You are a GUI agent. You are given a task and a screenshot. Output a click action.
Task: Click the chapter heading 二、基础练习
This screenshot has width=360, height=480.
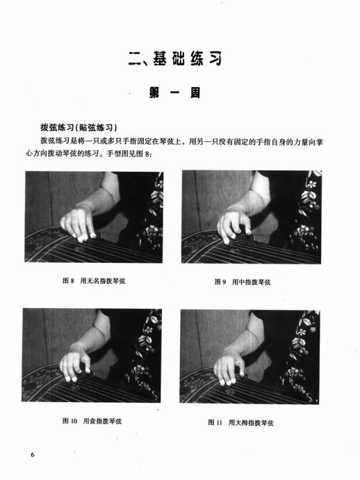pyautogui.click(x=175, y=58)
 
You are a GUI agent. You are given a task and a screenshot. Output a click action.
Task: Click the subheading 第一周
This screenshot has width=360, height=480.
pyautogui.click(x=175, y=93)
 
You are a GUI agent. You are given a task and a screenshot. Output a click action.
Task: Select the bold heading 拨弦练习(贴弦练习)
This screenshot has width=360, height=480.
pyautogui.click(x=79, y=127)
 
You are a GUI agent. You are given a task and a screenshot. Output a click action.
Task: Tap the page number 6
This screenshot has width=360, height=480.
pyautogui.click(x=33, y=454)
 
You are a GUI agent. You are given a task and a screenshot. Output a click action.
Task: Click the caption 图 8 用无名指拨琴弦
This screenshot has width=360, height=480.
pyautogui.click(x=94, y=281)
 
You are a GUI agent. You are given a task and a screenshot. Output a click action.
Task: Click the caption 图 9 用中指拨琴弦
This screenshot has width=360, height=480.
pyautogui.click(x=243, y=282)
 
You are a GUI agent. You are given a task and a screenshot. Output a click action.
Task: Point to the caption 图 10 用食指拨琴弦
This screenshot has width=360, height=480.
pyautogui.click(x=92, y=421)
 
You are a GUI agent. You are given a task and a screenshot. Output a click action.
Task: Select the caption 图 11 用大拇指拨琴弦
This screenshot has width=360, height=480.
pyautogui.click(x=241, y=423)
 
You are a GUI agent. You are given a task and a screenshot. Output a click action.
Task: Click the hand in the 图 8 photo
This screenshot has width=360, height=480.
pyautogui.click(x=78, y=223)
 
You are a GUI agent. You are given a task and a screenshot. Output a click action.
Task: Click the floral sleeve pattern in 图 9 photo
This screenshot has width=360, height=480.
pyautogui.click(x=307, y=211)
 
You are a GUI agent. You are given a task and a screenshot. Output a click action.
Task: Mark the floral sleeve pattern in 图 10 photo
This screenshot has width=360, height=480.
pyautogui.click(x=145, y=352)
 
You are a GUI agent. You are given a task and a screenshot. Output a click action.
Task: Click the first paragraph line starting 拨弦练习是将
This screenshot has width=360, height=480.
pyautogui.click(x=181, y=142)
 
